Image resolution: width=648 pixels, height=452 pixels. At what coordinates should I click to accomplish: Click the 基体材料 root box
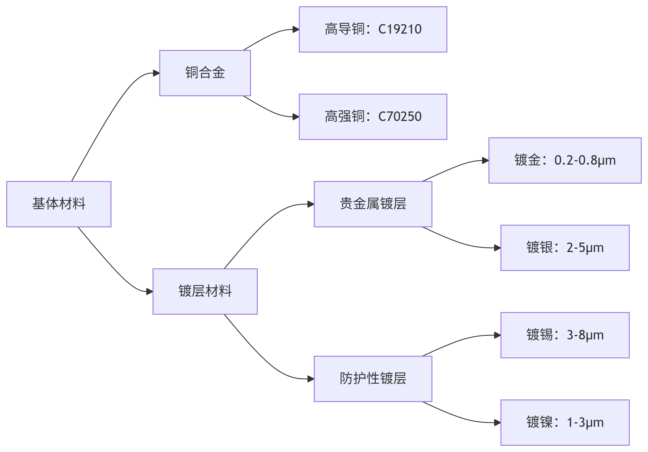pyautogui.click(x=59, y=204)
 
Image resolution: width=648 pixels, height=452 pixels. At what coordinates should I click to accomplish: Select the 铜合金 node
pyautogui.click(x=205, y=73)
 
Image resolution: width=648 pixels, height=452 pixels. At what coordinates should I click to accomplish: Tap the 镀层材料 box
pyautogui.click(x=205, y=291)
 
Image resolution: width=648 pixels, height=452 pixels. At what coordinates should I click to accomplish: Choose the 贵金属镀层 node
pyautogui.click(x=372, y=204)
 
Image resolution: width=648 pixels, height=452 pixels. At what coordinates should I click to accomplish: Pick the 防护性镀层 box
pyautogui.click(x=372, y=379)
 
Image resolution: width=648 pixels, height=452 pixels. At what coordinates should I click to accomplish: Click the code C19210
pyautogui.click(x=400, y=29)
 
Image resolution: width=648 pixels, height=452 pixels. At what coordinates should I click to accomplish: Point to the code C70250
pyautogui.click(x=400, y=117)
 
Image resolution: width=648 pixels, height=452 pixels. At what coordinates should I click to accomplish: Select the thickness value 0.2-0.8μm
pyautogui.click(x=585, y=160)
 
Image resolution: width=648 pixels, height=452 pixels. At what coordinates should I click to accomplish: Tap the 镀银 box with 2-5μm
pyautogui.click(x=565, y=248)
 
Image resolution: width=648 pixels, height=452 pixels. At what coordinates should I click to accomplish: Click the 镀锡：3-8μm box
pyautogui.click(x=565, y=335)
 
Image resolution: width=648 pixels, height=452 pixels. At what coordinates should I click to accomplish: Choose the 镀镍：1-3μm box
pyautogui.click(x=565, y=422)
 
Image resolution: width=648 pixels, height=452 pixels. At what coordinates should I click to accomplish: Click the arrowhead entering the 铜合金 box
pyautogui.click(x=156, y=73)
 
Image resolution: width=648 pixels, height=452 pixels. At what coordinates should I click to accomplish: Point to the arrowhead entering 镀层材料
pyautogui.click(x=150, y=291)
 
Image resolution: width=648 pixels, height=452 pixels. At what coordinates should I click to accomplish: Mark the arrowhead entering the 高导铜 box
pyautogui.click(x=296, y=29)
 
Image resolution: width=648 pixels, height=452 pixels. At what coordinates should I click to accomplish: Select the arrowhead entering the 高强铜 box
pyautogui.click(x=296, y=117)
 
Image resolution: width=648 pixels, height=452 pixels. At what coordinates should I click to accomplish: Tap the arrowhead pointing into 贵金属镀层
pyautogui.click(x=311, y=204)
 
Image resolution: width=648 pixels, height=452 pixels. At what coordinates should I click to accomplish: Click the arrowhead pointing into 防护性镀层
pyautogui.click(x=311, y=379)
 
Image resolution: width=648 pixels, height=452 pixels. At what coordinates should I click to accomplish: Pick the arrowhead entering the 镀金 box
pyautogui.click(x=485, y=160)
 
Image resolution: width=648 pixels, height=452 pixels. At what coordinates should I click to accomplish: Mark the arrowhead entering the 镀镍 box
pyautogui.click(x=497, y=422)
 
